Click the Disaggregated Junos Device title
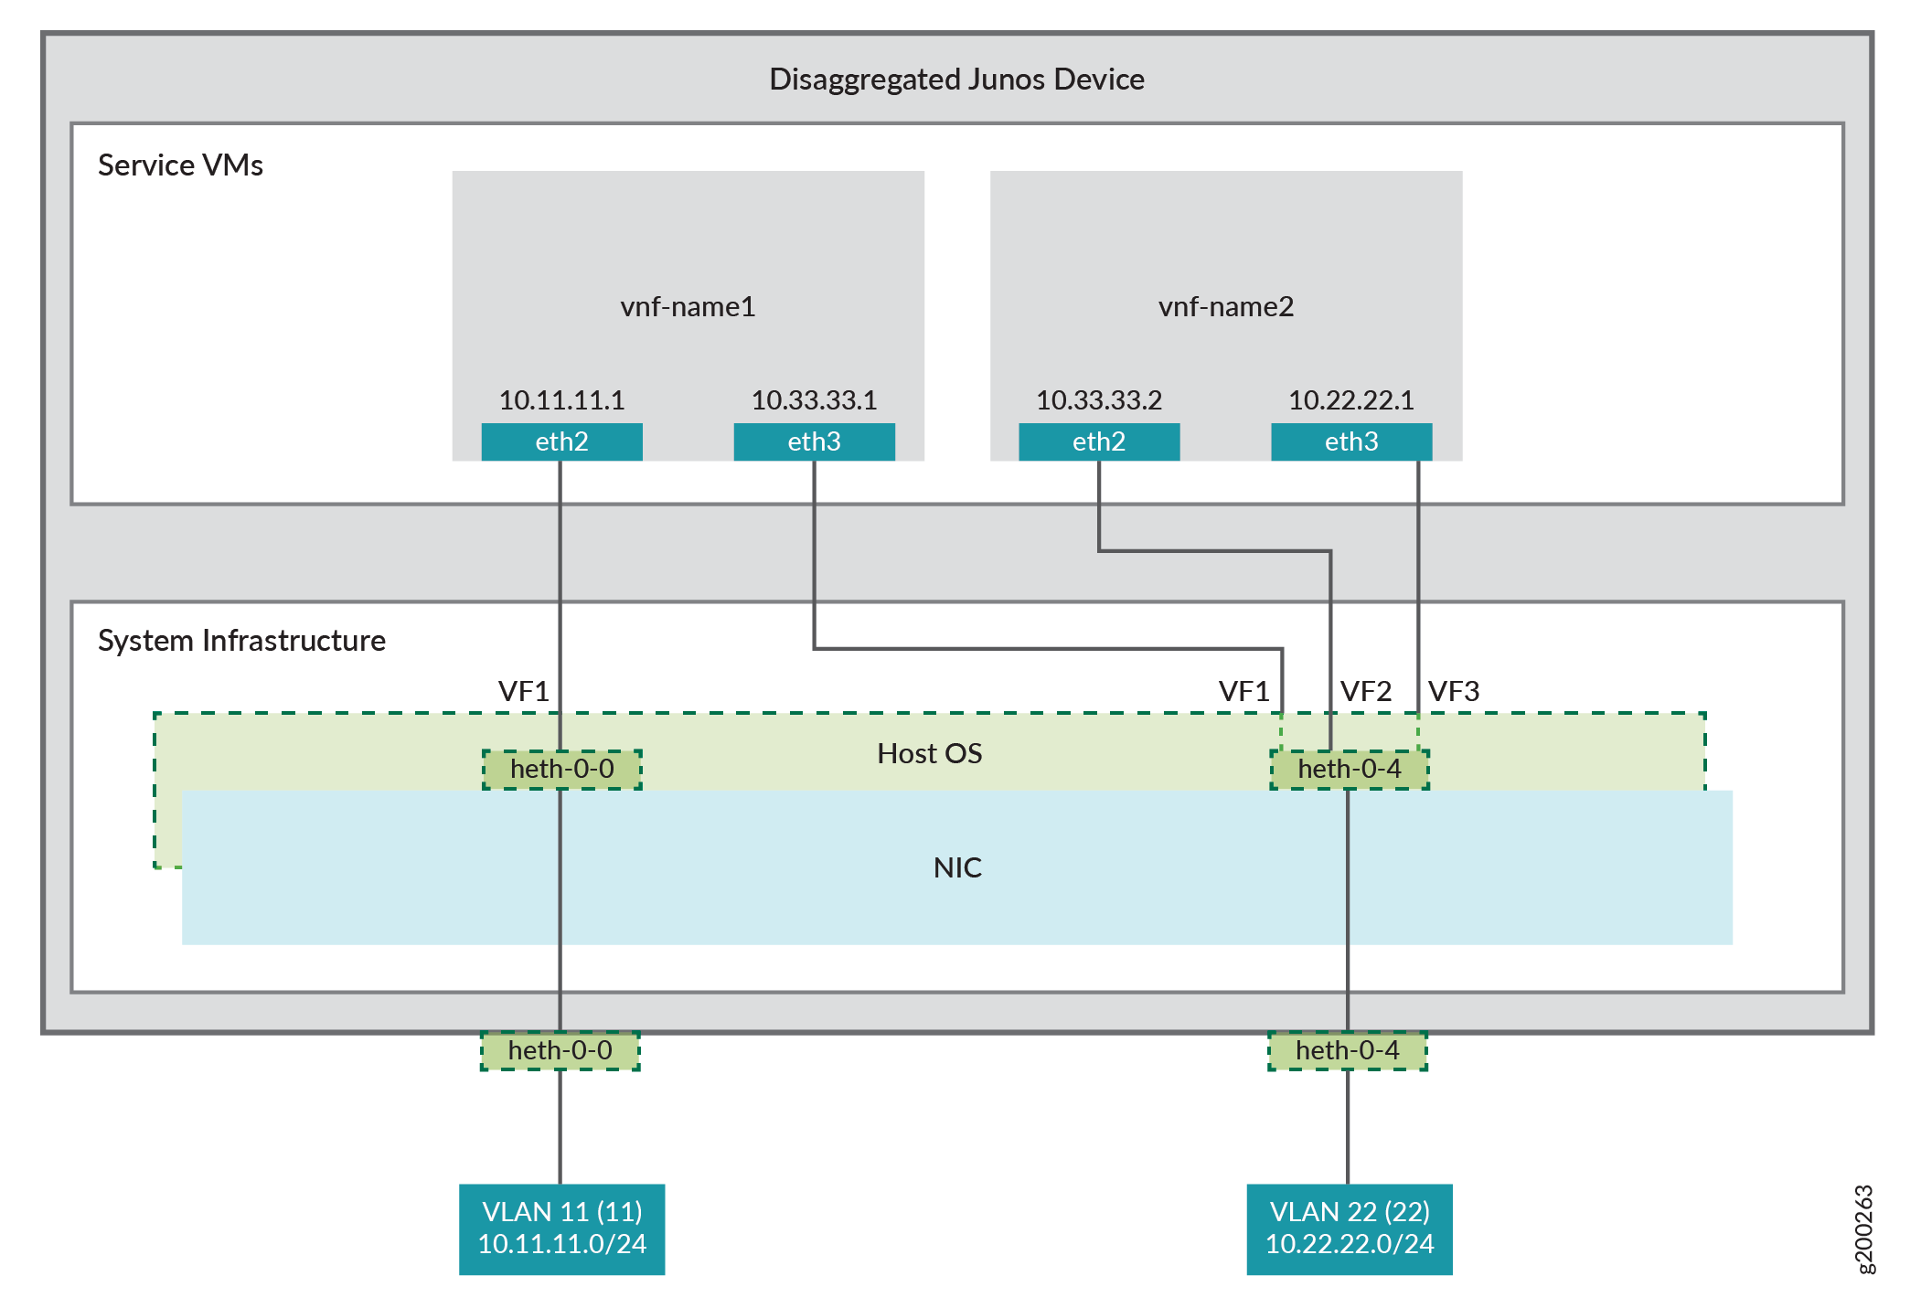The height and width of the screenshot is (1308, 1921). click(x=956, y=80)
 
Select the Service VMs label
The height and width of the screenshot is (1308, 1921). click(x=180, y=165)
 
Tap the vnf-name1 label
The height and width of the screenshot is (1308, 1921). click(x=688, y=306)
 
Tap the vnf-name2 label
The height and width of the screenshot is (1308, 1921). click(x=1226, y=306)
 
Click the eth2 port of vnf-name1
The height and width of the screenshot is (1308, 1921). click(x=561, y=441)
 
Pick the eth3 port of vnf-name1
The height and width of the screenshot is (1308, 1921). click(x=814, y=441)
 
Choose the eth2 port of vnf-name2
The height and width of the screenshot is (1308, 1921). click(x=1099, y=441)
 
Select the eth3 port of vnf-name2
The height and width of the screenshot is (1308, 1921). click(x=1351, y=441)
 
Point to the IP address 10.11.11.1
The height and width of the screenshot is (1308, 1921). click(x=561, y=400)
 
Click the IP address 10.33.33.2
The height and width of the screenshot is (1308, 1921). click(x=1099, y=400)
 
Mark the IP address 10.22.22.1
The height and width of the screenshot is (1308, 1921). click(x=1351, y=400)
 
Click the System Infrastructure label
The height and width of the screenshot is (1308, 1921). click(x=241, y=641)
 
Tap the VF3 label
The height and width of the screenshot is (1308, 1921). click(x=1454, y=691)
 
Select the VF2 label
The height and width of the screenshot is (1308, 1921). click(x=1366, y=691)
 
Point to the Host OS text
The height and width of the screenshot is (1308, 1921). click(x=929, y=753)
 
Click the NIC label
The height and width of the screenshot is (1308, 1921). click(x=957, y=867)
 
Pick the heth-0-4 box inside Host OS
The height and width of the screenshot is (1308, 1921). click(x=1350, y=769)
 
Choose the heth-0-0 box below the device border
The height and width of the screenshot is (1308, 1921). click(x=560, y=1050)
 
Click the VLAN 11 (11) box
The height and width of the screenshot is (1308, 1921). click(x=561, y=1228)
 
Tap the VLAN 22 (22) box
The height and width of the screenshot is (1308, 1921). click(x=1350, y=1228)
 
